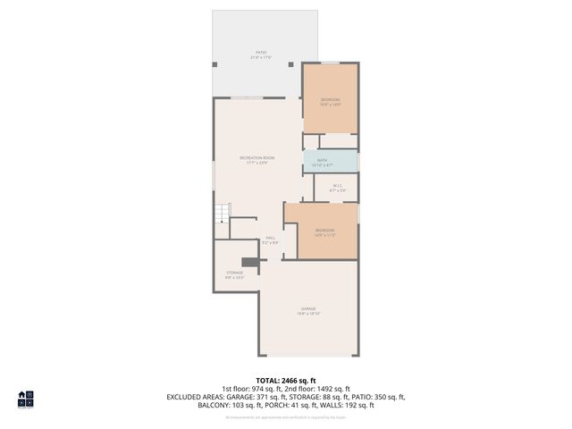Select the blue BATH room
point(331,162)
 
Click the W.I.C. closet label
point(337,188)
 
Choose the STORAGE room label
point(234,274)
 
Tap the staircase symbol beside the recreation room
point(222,214)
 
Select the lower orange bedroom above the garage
point(325,231)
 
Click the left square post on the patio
point(214,63)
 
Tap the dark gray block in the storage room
point(251,263)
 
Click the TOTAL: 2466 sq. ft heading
point(286,380)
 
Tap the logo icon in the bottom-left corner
point(26,399)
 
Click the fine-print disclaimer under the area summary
point(286,416)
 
